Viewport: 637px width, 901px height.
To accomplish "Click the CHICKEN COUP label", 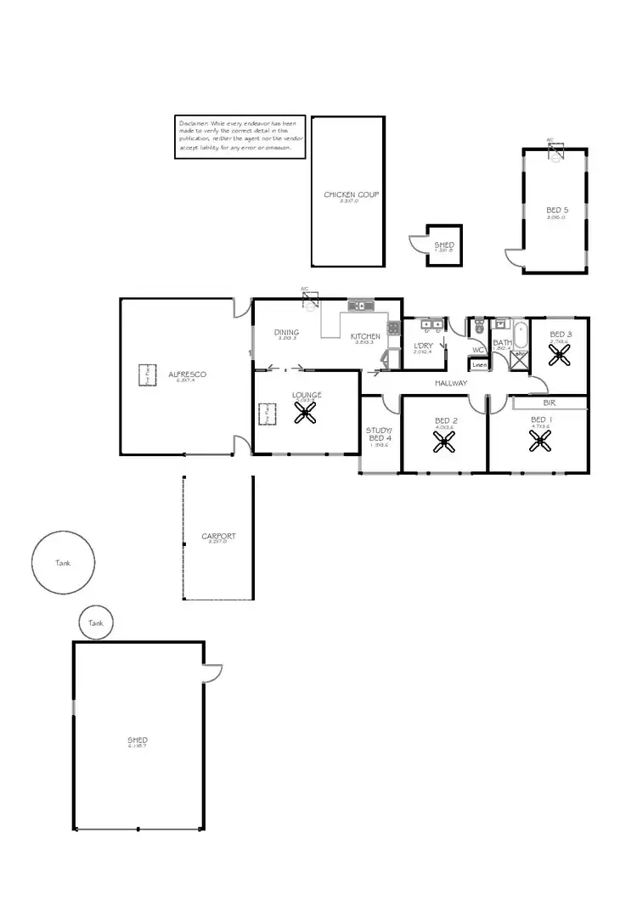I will [x=351, y=195].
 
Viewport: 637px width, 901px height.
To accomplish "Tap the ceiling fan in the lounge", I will [x=305, y=414].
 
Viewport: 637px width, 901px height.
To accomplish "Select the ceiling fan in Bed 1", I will [x=539, y=440].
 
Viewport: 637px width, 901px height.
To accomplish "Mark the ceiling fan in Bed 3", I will [x=560, y=357].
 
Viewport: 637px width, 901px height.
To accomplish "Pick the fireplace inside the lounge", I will [x=265, y=414].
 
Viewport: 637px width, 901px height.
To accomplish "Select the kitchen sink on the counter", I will [x=361, y=305].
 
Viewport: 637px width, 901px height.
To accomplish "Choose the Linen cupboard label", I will [x=479, y=365].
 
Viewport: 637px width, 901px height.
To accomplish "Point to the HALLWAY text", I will [x=451, y=384].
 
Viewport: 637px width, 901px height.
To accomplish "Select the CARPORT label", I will [x=218, y=537].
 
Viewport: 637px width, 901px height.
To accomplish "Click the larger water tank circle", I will [x=64, y=562].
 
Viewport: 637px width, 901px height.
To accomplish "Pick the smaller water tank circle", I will [x=94, y=622].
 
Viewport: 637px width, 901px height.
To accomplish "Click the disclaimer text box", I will [x=240, y=135].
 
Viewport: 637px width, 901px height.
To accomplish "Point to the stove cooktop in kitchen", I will [x=394, y=327].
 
